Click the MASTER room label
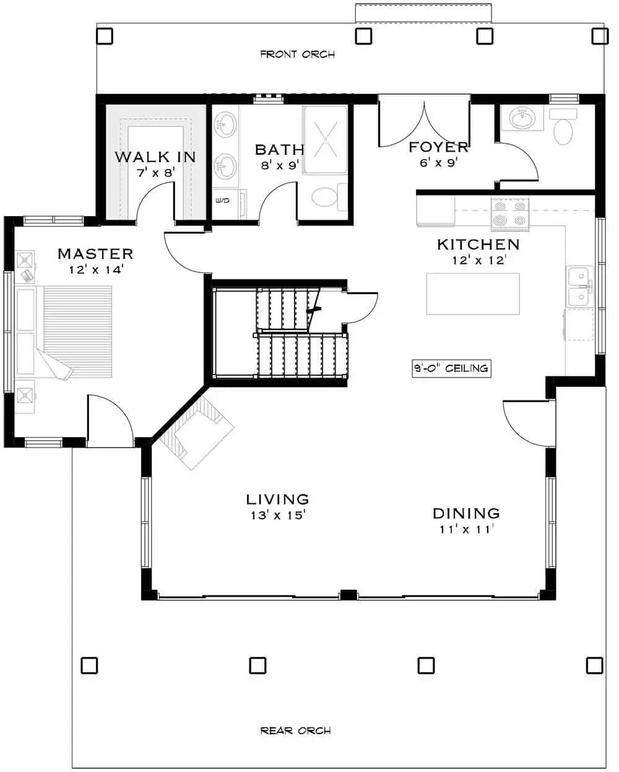95,254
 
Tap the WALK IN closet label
155,157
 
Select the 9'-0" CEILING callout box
451,368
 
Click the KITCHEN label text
478,245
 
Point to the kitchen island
473,293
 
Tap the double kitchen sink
581,287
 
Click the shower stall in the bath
326,139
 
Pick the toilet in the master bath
324,198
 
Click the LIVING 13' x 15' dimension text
277,514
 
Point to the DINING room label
465,513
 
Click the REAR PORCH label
295,731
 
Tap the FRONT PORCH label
297,54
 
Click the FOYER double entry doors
424,121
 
